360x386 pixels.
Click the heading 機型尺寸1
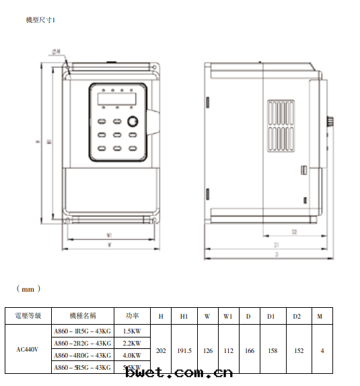41,21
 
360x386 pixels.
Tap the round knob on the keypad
132,121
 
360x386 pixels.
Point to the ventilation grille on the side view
281,127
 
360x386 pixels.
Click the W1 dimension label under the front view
109,235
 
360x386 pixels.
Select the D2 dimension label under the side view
294,232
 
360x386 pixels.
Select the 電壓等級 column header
28,315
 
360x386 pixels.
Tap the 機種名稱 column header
83,315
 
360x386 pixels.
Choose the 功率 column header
132,315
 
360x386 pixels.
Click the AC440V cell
28,350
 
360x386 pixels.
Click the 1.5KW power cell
132,331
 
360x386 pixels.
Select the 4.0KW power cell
132,355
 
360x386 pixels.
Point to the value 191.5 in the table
184,350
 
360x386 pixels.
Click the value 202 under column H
161,350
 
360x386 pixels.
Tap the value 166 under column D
248,350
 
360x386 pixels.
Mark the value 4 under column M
322,350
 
